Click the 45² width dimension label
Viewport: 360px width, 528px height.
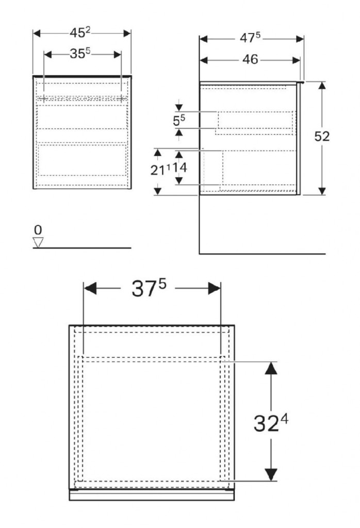[80, 32]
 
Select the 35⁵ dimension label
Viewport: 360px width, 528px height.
[80, 54]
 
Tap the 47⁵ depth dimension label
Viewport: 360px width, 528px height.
[250, 38]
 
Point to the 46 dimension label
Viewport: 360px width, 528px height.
[250, 60]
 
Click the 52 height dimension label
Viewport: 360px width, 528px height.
[322, 136]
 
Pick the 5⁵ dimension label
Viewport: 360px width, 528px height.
[179, 120]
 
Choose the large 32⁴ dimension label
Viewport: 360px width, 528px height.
[271, 423]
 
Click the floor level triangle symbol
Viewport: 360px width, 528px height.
[38, 242]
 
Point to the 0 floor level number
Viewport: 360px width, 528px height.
[38, 230]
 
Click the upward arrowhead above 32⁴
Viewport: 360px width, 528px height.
[271, 368]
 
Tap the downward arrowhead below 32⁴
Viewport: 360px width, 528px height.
[271, 474]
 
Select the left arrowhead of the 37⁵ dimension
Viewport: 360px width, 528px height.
[90, 289]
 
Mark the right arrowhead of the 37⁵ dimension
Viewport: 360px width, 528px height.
[214, 289]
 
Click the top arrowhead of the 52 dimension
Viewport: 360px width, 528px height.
[322, 85]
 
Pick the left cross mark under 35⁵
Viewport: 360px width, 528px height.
[43, 98]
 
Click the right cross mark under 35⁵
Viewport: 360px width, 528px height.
[121, 98]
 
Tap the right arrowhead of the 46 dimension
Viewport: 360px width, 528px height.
[297, 60]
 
